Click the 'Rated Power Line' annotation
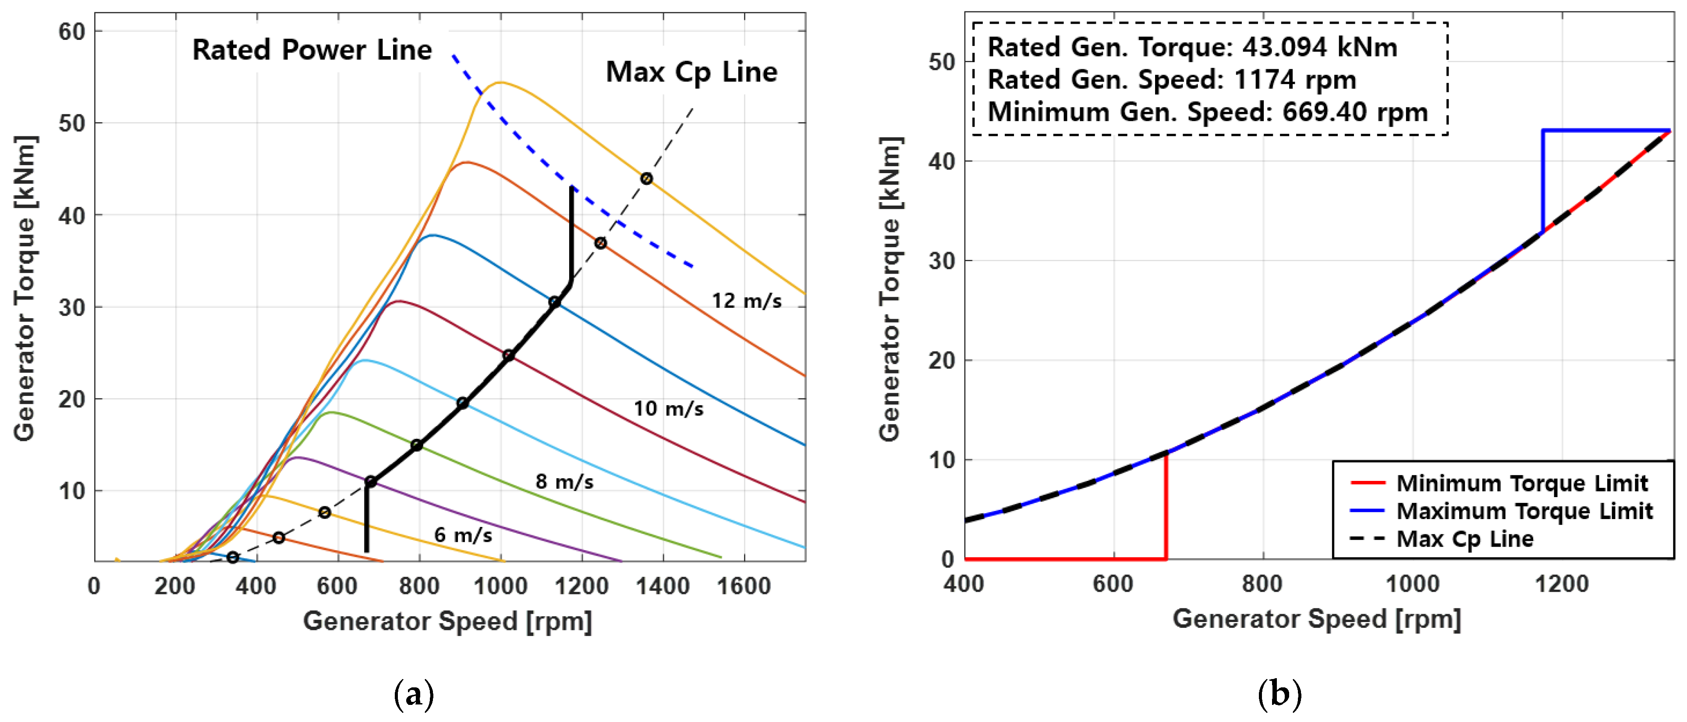[312, 50]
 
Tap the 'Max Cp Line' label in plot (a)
[691, 72]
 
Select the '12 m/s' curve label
[747, 301]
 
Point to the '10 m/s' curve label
[668, 409]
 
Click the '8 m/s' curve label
[564, 482]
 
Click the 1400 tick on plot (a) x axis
[663, 586]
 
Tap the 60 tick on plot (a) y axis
[72, 32]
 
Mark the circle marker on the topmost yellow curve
[646, 179]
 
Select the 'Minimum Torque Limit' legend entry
[1520, 484]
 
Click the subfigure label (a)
[414, 694]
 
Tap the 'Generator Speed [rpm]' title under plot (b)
[1316, 619]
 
